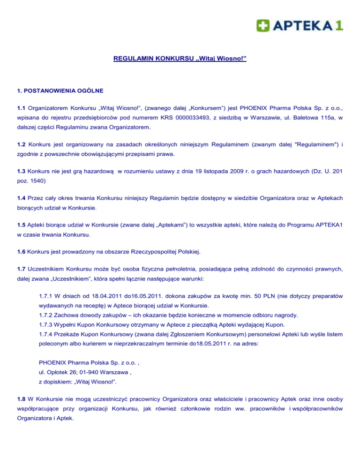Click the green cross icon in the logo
tap(262, 24)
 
